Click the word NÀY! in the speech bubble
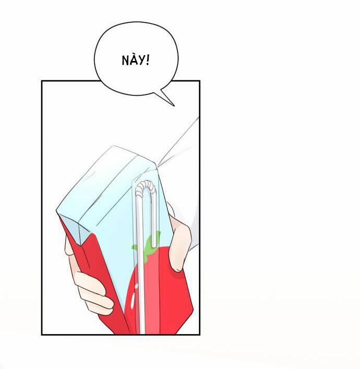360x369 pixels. click(x=136, y=60)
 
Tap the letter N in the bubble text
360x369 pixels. click(x=126, y=61)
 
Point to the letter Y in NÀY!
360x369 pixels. click(x=141, y=61)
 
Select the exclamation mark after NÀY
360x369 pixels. click(x=148, y=60)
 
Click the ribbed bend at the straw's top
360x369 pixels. click(x=146, y=185)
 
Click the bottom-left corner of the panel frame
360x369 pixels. click(x=42, y=334)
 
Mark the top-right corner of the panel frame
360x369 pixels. click(x=199, y=81)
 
